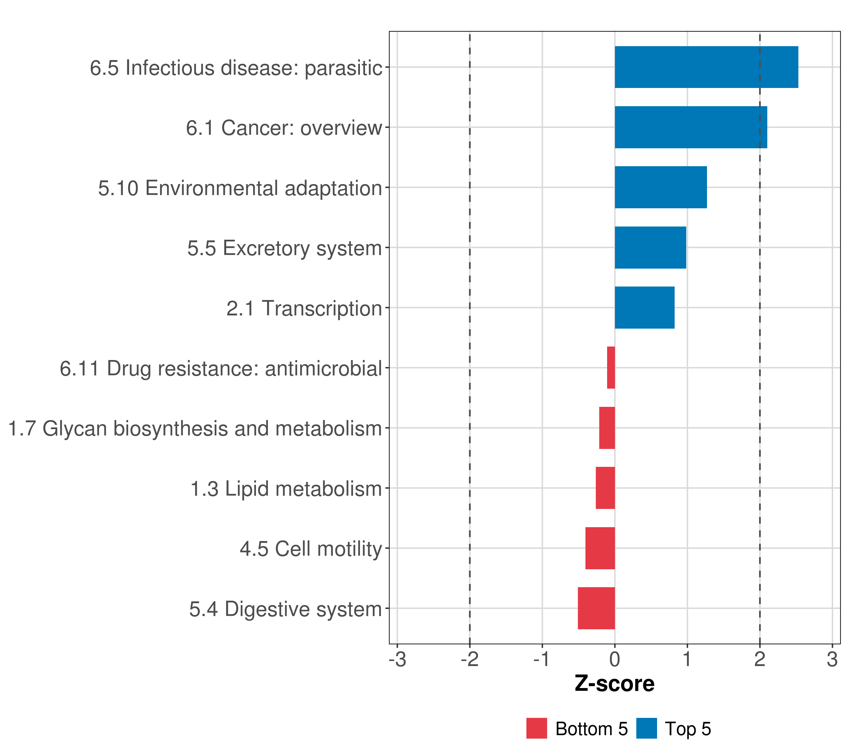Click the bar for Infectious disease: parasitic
click(x=706, y=67)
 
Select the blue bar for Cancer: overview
click(x=691, y=128)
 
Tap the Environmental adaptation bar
click(x=660, y=187)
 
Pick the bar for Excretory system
click(x=650, y=248)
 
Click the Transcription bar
click(x=644, y=308)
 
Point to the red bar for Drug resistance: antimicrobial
click(x=611, y=368)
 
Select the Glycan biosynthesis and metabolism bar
click(x=607, y=428)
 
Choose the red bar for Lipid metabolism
click(x=605, y=488)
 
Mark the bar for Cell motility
click(x=600, y=548)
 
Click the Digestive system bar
click(x=596, y=608)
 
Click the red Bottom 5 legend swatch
click(x=536, y=729)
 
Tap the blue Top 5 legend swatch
click(x=646, y=729)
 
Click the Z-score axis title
click(x=614, y=683)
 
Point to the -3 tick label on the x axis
click(x=397, y=659)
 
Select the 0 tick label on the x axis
click(x=615, y=659)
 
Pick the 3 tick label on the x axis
click(x=832, y=659)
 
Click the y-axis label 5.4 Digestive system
click(x=285, y=609)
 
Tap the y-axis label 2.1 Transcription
click(x=304, y=308)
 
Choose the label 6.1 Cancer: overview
click(x=284, y=128)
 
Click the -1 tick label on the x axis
click(x=542, y=659)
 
